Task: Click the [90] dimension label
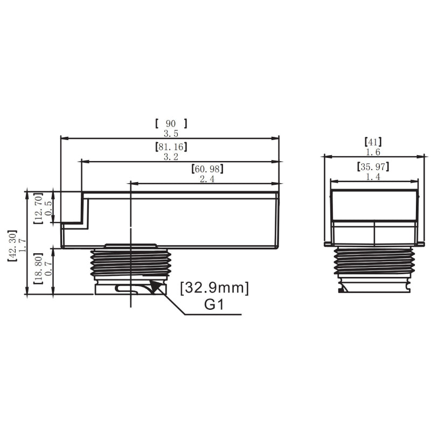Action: pyautogui.click(x=170, y=123)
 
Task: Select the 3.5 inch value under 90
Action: pyautogui.click(x=170, y=133)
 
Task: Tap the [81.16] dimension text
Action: pyautogui.click(x=170, y=147)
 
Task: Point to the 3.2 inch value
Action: pyautogui.click(x=170, y=156)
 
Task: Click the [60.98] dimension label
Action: pyautogui.click(x=207, y=170)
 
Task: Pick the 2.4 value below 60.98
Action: pyautogui.click(x=207, y=179)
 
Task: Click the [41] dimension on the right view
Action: pyautogui.click(x=373, y=142)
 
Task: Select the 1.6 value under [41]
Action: pyautogui.click(x=373, y=152)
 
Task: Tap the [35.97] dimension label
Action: pyautogui.click(x=373, y=166)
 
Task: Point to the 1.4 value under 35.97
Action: pyautogui.click(x=373, y=176)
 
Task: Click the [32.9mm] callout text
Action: pyautogui.click(x=214, y=288)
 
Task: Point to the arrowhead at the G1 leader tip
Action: pyautogui.click(x=156, y=290)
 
